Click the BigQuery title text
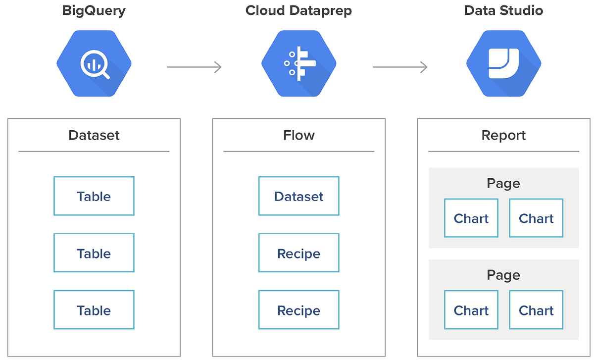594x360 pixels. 94,10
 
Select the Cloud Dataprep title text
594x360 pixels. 298,10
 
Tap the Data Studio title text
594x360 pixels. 503,10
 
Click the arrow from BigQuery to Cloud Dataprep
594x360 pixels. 194,67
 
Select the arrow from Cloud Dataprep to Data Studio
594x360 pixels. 400,67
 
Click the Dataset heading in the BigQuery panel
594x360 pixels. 94,135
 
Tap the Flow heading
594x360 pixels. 299,135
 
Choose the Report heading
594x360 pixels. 503,135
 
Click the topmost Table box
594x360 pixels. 94,196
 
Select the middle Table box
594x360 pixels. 94,254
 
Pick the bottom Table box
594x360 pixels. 94,310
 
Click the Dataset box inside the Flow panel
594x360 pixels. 299,196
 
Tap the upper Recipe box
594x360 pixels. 299,254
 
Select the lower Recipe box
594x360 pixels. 299,310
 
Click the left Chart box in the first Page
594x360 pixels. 471,218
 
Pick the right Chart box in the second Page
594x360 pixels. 536,310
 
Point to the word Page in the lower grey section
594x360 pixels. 503,275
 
